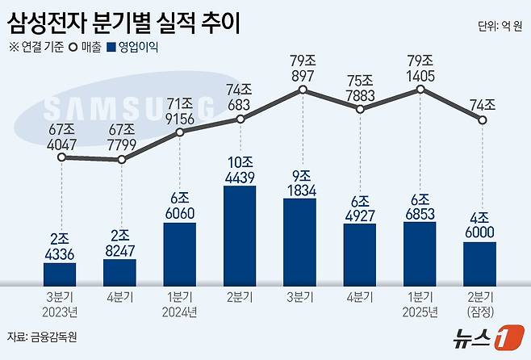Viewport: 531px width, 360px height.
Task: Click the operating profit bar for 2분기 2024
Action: point(240,235)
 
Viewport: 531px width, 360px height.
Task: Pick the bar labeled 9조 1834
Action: point(299,241)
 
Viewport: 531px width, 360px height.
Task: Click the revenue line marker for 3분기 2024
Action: point(300,90)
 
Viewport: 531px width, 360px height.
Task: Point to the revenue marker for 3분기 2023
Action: point(62,158)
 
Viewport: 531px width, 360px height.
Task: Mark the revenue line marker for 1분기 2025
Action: point(420,90)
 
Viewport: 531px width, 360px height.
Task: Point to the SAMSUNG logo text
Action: point(129,109)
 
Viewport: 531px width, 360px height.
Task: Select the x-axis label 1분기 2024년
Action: point(180,303)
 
